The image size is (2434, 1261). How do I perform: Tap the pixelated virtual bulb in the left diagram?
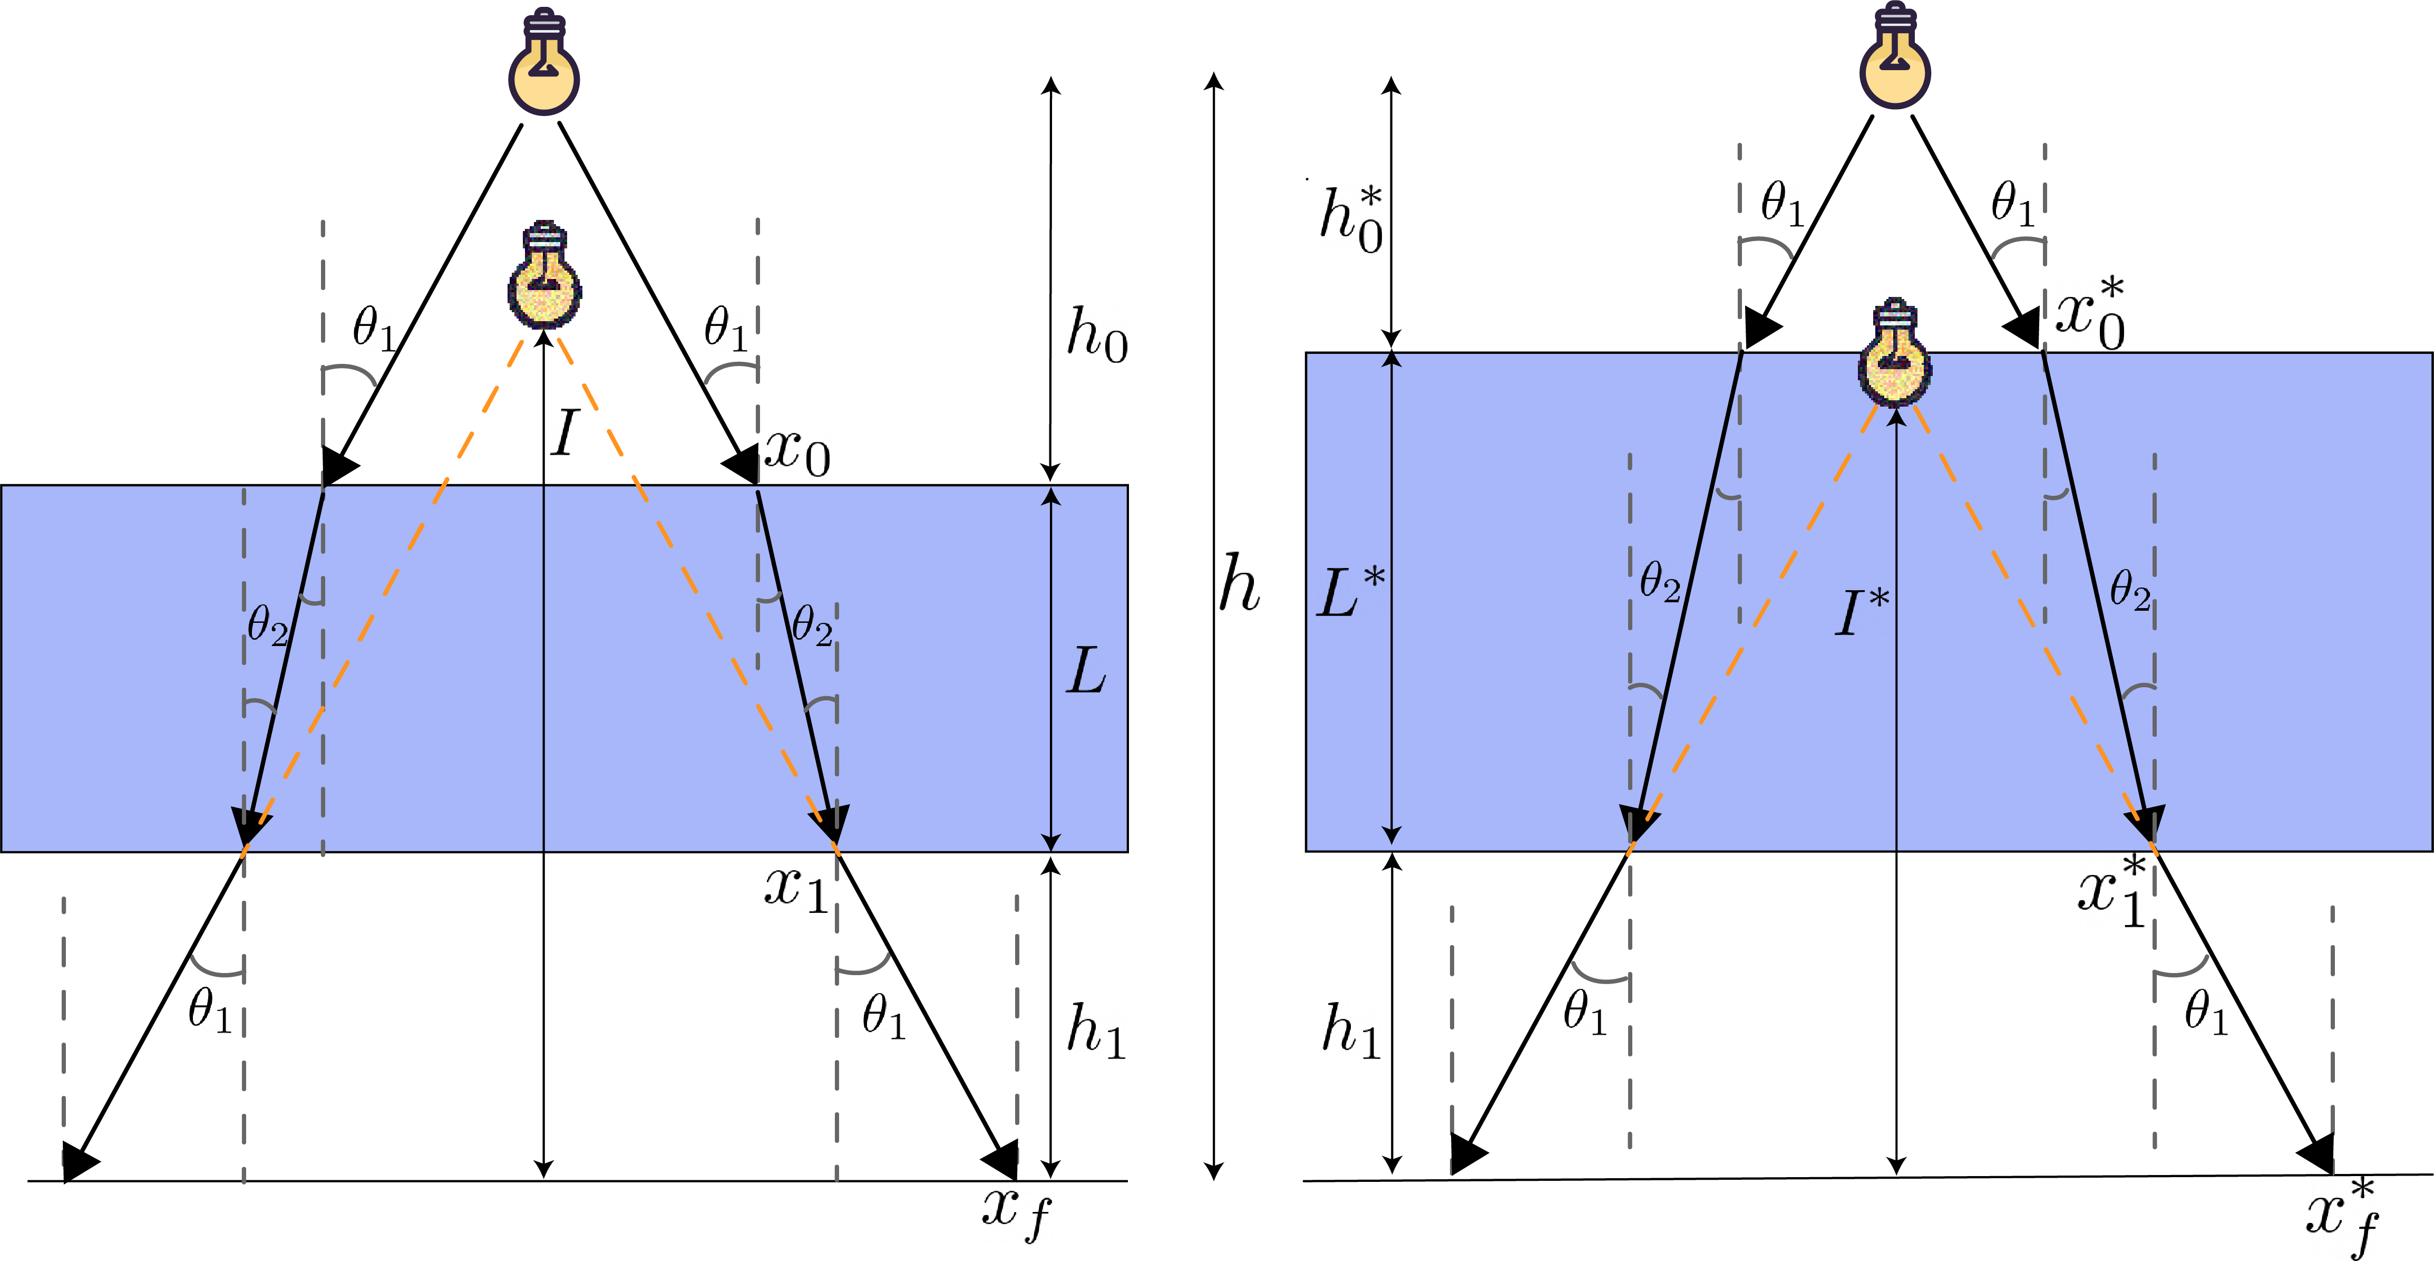click(544, 276)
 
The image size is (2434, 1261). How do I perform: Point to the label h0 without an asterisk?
click(1096, 335)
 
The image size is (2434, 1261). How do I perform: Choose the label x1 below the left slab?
click(795, 889)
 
